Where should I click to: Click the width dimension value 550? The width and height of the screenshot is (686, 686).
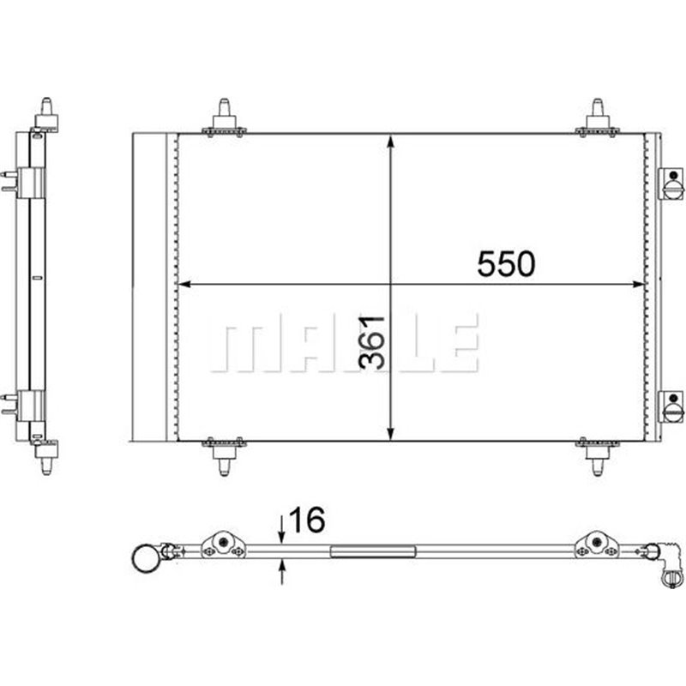506,264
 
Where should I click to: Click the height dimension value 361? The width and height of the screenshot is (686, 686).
372,342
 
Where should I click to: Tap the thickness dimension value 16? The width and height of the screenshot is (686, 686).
307,520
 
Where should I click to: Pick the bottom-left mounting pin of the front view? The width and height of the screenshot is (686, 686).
224,456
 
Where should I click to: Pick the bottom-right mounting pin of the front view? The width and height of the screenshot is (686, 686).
597,456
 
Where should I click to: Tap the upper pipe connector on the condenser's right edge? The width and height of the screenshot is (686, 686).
671,184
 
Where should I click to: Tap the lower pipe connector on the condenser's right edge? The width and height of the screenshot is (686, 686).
671,406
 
